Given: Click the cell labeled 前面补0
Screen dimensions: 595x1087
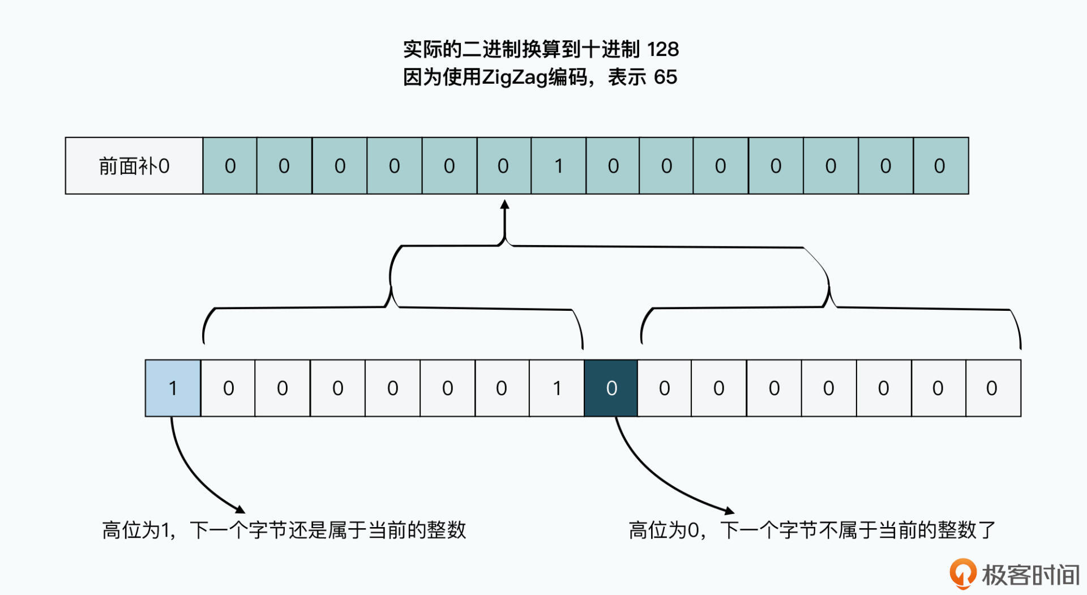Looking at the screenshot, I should pyautogui.click(x=134, y=166).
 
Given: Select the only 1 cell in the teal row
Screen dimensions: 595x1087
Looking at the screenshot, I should pyautogui.click(x=558, y=166).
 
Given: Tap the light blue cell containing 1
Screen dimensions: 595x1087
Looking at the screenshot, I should pyautogui.click(x=173, y=388).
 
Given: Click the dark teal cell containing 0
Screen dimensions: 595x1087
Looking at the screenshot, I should pyautogui.click(x=611, y=388).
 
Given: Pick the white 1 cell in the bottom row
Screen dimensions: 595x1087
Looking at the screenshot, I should pyautogui.click(x=557, y=388).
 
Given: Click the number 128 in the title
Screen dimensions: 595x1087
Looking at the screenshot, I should pyautogui.click(x=662, y=49).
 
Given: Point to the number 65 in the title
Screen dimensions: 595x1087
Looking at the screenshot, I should pyautogui.click(x=665, y=77).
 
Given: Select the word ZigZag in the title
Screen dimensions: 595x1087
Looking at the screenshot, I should pyautogui.click(x=515, y=77).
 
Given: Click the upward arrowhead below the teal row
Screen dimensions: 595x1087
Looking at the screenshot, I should pyautogui.click(x=504, y=204).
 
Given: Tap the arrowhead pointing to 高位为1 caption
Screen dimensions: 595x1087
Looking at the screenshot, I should pyautogui.click(x=240, y=509).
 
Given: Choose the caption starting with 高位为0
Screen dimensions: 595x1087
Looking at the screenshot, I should pyautogui.click(x=812, y=530).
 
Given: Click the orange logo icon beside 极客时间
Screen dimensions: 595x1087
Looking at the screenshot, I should pyautogui.click(x=962, y=573).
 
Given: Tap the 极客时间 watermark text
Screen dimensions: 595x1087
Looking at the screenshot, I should pyautogui.click(x=1030, y=575).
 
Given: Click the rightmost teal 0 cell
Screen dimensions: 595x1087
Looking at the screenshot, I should pyautogui.click(x=940, y=166).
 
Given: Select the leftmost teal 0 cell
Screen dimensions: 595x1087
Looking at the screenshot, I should pyautogui.click(x=230, y=166).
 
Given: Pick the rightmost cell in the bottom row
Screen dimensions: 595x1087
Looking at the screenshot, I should pyautogui.click(x=992, y=388).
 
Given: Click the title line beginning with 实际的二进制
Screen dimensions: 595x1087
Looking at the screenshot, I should pyautogui.click(x=541, y=49).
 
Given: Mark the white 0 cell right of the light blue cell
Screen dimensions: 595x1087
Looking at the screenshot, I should pyautogui.click(x=228, y=388).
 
